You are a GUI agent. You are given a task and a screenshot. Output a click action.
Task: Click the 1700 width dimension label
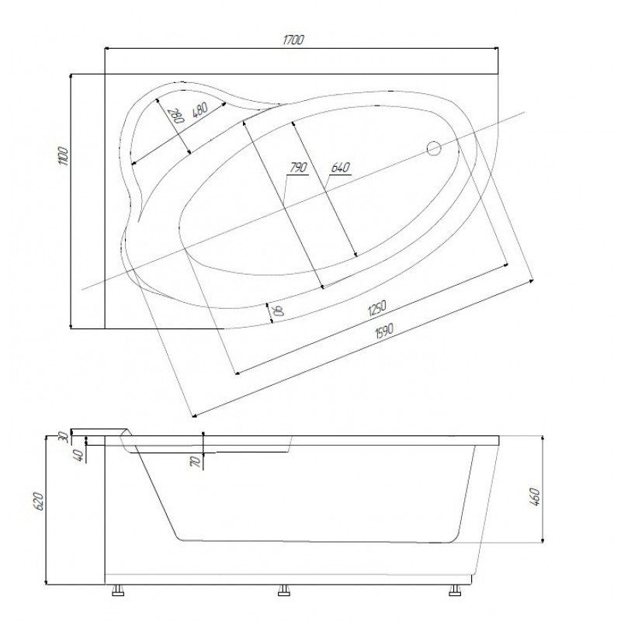point(293,40)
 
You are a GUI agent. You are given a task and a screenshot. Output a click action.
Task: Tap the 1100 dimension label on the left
point(64,156)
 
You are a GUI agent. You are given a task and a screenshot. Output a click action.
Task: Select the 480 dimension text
point(200,109)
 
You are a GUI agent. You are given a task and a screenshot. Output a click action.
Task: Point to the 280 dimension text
point(178,116)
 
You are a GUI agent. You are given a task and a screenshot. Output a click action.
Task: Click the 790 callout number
point(299,168)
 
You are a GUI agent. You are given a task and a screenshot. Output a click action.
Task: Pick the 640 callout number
point(340,168)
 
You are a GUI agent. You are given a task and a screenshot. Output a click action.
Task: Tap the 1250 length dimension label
point(376,308)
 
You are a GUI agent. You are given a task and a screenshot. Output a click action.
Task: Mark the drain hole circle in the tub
point(434,148)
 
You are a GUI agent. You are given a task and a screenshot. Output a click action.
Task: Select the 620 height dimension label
point(38,501)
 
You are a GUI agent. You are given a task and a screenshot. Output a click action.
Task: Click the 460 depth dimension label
point(535,498)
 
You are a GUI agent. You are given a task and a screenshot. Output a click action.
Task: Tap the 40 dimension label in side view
point(79,455)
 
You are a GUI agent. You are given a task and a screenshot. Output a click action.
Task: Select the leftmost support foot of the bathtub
point(118,590)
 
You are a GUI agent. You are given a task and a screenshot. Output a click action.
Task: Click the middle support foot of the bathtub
point(284,590)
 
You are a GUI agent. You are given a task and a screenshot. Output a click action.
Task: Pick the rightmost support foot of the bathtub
point(455,590)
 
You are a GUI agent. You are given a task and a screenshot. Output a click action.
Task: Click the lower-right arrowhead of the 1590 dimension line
point(531,281)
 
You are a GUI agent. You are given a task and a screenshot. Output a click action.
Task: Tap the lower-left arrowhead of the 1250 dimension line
point(237,373)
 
